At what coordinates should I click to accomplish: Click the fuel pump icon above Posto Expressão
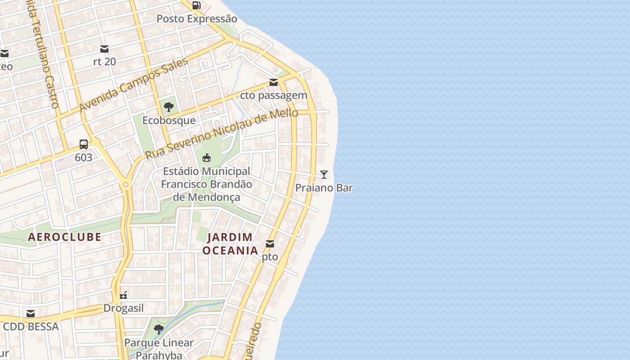(x=196, y=5)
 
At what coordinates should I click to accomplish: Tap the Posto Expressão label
(x=197, y=19)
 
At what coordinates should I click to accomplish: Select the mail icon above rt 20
(x=104, y=49)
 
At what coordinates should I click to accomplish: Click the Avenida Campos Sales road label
(x=133, y=85)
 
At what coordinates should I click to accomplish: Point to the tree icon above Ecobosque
(x=169, y=107)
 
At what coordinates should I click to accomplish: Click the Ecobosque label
(x=169, y=121)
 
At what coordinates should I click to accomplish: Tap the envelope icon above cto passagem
(x=274, y=82)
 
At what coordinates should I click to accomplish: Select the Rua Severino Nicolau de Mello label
(x=221, y=134)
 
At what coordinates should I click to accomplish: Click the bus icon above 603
(x=84, y=144)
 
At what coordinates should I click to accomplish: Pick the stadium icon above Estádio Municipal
(x=207, y=157)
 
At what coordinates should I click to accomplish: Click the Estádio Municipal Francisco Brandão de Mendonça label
(x=207, y=184)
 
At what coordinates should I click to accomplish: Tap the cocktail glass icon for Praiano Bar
(x=324, y=174)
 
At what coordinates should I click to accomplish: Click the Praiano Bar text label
(x=324, y=188)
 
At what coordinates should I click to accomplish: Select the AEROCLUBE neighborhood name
(x=65, y=237)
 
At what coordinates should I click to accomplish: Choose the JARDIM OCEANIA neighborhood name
(x=230, y=243)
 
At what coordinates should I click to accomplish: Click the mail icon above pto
(x=270, y=244)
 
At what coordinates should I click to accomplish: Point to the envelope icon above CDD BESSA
(x=31, y=314)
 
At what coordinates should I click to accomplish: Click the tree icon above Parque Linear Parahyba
(x=158, y=329)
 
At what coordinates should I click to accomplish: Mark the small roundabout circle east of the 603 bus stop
(x=126, y=185)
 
